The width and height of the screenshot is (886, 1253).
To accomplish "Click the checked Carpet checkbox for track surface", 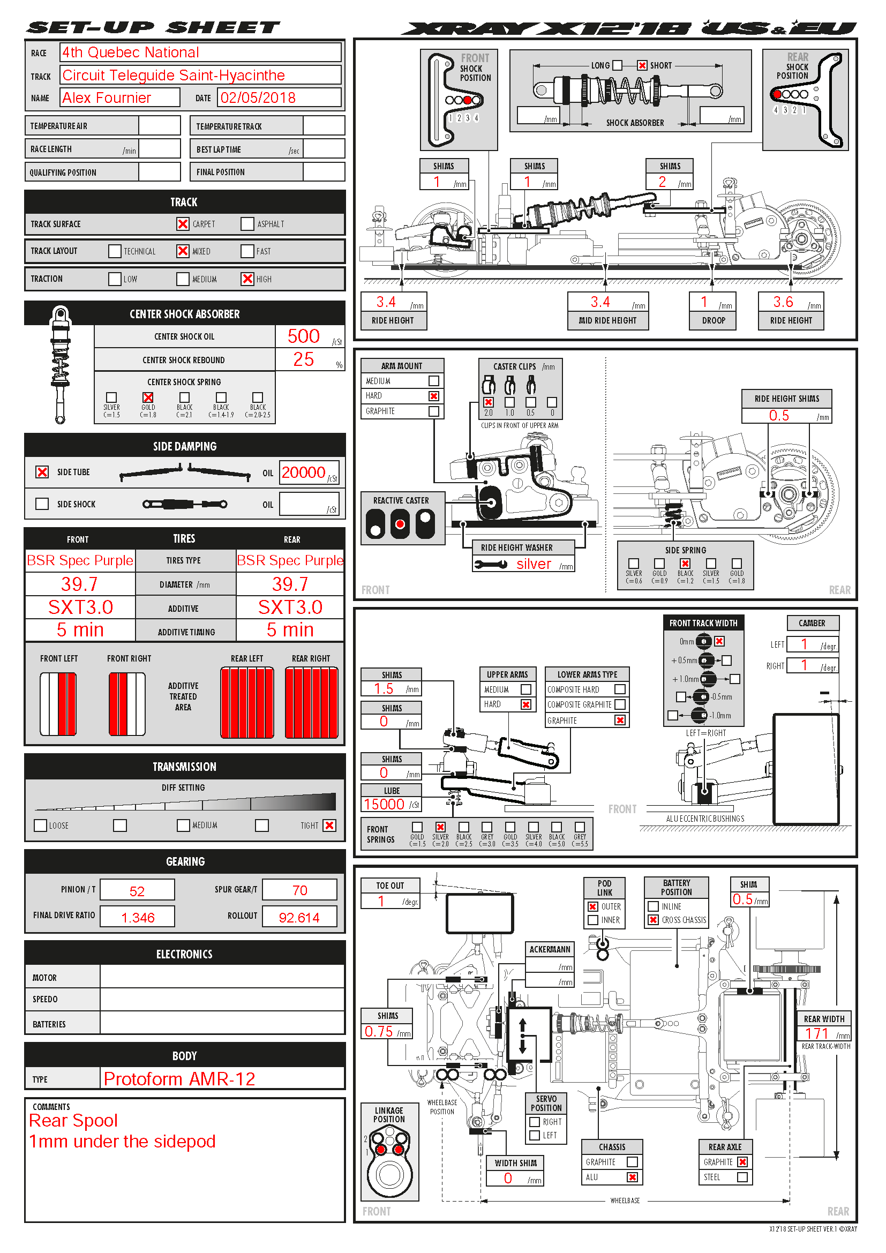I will tap(183, 224).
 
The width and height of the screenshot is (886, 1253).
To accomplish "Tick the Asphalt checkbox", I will tap(247, 224).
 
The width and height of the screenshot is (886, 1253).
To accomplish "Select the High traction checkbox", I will tap(247, 279).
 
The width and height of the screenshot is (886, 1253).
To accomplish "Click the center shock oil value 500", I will tap(303, 336).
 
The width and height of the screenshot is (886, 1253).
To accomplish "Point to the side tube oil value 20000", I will tap(303, 472).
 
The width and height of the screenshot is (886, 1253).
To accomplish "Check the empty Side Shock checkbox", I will tap(42, 504).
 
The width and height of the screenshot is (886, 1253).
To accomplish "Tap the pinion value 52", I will tap(137, 891).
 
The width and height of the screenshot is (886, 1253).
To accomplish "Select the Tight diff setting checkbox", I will tap(329, 825).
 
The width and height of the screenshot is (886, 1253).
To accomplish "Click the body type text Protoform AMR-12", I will tap(179, 1079).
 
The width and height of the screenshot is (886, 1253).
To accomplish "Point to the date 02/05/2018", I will tap(258, 97).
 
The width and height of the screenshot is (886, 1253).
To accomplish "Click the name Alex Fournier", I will tap(107, 97).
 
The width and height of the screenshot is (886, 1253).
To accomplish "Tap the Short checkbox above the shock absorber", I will tap(642, 65).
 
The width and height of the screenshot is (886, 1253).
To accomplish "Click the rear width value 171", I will tap(817, 1033).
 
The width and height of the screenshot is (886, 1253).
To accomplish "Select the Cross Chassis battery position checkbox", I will tap(653, 920).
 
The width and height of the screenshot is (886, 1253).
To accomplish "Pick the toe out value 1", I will tap(381, 901).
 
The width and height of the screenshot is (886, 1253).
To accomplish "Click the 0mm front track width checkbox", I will tap(719, 641).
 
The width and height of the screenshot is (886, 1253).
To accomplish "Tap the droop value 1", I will tap(704, 302).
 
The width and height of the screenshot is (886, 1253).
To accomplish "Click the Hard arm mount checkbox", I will tap(434, 396).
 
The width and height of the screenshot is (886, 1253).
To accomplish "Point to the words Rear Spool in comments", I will tap(73, 1121).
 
